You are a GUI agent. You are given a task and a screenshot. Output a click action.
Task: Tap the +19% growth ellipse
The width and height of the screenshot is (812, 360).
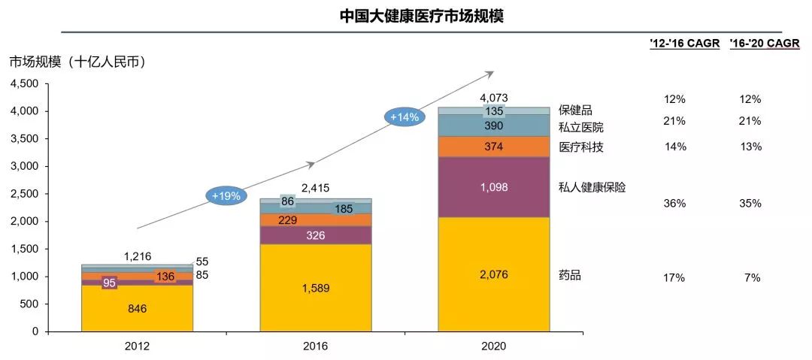[x=226, y=195]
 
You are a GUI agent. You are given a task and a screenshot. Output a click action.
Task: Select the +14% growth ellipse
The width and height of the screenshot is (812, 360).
[x=404, y=116]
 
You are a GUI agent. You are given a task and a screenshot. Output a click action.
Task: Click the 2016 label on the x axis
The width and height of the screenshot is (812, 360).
[x=315, y=346]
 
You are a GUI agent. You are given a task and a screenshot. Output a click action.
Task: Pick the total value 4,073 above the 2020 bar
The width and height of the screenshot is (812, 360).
[x=493, y=98]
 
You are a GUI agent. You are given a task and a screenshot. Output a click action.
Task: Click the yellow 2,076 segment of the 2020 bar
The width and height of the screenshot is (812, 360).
[x=493, y=275]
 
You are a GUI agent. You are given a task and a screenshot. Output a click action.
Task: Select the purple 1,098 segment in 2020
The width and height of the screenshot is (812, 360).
[x=493, y=186]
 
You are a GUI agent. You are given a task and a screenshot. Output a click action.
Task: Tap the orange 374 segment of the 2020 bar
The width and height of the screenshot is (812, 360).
[x=493, y=147]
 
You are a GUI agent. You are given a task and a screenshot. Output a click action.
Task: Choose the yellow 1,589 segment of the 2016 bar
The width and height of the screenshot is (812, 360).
[x=315, y=288]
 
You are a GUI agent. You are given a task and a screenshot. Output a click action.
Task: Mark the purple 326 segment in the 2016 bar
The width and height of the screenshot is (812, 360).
[x=315, y=235]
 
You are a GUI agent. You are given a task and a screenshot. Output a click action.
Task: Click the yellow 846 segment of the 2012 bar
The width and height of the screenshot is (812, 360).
[x=137, y=308]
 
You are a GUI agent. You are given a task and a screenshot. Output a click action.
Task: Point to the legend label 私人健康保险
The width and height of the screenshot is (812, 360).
[x=592, y=187]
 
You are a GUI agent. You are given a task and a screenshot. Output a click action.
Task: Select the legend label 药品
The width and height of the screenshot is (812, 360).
[x=570, y=275]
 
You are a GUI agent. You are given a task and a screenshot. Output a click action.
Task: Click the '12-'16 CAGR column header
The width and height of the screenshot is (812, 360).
[x=686, y=44]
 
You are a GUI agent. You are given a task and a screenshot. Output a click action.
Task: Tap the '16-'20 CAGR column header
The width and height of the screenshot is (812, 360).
[x=764, y=44]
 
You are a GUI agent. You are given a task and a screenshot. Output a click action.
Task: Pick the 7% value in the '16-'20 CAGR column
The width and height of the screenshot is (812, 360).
[x=752, y=277]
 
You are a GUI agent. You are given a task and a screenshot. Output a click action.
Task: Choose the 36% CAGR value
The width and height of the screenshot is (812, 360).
[x=674, y=204]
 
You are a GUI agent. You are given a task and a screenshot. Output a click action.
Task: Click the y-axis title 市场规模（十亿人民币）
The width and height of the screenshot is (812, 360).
[x=77, y=62]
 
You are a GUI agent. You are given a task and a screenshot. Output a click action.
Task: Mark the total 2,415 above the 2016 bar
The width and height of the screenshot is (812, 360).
[x=315, y=188]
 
